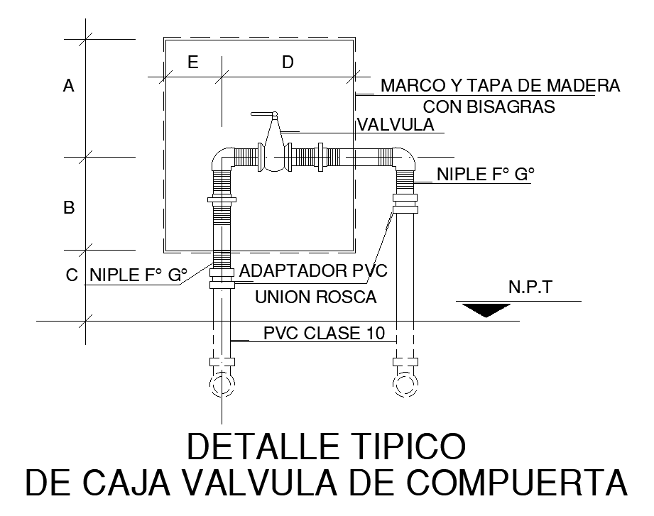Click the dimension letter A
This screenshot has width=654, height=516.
[x=69, y=86]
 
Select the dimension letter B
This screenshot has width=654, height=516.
[x=69, y=208]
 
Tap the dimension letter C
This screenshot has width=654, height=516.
[x=72, y=275]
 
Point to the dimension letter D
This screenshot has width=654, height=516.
[x=288, y=62]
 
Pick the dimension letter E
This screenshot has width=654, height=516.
[x=192, y=62]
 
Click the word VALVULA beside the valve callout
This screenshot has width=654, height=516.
[x=396, y=125]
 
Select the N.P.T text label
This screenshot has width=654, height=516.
[x=532, y=288]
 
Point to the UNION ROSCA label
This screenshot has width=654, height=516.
[x=315, y=297]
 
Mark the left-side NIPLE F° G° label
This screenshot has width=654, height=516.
[x=138, y=275]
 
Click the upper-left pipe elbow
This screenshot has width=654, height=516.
[x=222, y=158]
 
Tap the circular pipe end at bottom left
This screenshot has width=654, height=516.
[x=223, y=385]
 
